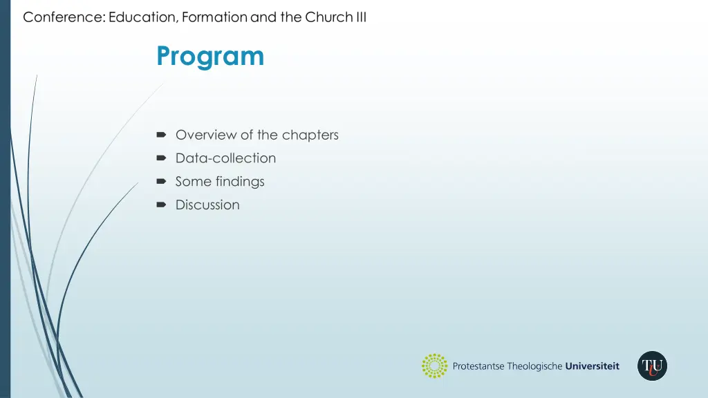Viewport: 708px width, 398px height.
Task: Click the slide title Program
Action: (x=210, y=56)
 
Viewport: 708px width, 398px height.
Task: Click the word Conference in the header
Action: (x=63, y=18)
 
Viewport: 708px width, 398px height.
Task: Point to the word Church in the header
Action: (x=329, y=18)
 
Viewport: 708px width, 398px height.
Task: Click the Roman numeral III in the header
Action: (x=361, y=18)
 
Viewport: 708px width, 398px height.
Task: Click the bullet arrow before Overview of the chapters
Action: (x=161, y=135)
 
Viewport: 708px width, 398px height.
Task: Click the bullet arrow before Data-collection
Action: (x=161, y=158)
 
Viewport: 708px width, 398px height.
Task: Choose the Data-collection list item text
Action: (x=225, y=158)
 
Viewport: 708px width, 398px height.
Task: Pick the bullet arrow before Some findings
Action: (x=161, y=182)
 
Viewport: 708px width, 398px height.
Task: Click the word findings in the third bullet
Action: (x=240, y=182)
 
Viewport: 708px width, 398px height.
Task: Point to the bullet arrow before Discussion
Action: (x=161, y=205)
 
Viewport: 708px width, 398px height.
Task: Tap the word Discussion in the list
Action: (x=207, y=205)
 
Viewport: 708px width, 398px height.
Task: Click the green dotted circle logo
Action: (x=435, y=366)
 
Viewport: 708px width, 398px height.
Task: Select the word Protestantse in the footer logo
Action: (x=478, y=366)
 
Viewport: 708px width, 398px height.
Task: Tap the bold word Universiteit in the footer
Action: (x=593, y=366)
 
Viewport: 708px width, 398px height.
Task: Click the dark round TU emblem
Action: (x=652, y=366)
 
